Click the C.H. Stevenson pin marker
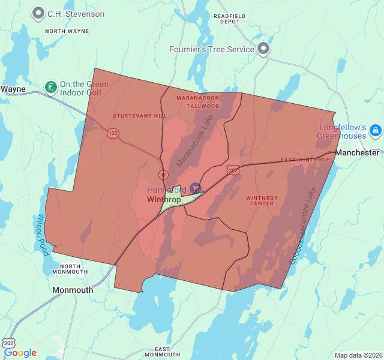tap(39, 13)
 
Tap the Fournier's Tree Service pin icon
tap(263, 49)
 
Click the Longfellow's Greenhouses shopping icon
tap(375, 130)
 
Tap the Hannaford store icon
tap(196, 188)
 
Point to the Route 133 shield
tap(112, 133)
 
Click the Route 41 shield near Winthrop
tap(163, 175)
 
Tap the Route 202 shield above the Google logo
tap(9, 343)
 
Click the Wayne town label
tap(13, 89)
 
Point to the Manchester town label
tap(358, 153)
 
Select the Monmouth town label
tap(73, 290)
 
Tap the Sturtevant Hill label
tap(132, 115)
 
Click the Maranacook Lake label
tap(195, 141)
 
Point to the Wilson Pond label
tap(41, 235)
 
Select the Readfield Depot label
tap(230, 18)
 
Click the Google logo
tap(20, 353)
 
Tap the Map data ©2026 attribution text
tap(358, 355)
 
